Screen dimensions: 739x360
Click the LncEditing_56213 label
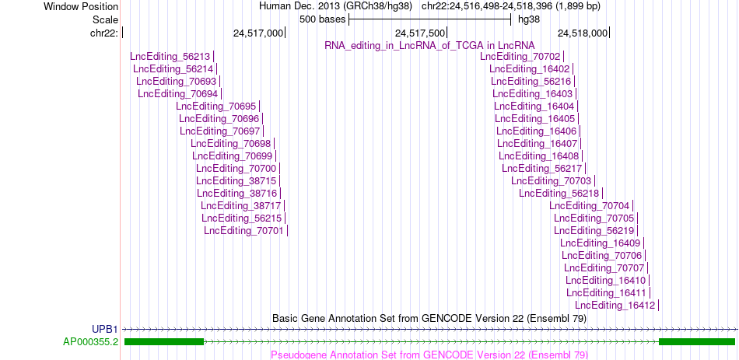[x=170, y=57]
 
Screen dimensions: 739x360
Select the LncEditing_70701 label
[x=243, y=230]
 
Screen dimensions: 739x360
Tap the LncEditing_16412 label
[x=615, y=306]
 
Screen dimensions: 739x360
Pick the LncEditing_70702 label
[x=520, y=57]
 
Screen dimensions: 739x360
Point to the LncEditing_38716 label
[x=237, y=193]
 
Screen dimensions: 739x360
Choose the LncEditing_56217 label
[x=542, y=168]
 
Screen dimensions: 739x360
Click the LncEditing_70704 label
[x=589, y=205]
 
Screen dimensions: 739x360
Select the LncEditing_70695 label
[x=215, y=106]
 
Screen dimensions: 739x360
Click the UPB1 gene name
[x=105, y=329]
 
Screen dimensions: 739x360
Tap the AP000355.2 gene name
[x=91, y=341]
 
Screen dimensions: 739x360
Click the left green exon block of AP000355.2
[x=164, y=341]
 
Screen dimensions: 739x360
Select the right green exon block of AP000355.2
[x=697, y=341]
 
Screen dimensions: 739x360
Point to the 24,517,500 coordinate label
[x=420, y=33]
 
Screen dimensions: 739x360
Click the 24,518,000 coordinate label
[x=583, y=33]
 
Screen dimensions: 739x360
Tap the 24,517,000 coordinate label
[x=258, y=33]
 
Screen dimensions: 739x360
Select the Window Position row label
[x=81, y=6]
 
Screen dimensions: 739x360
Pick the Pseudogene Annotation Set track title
[x=429, y=355]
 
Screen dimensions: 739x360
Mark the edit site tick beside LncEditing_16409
[x=644, y=243]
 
